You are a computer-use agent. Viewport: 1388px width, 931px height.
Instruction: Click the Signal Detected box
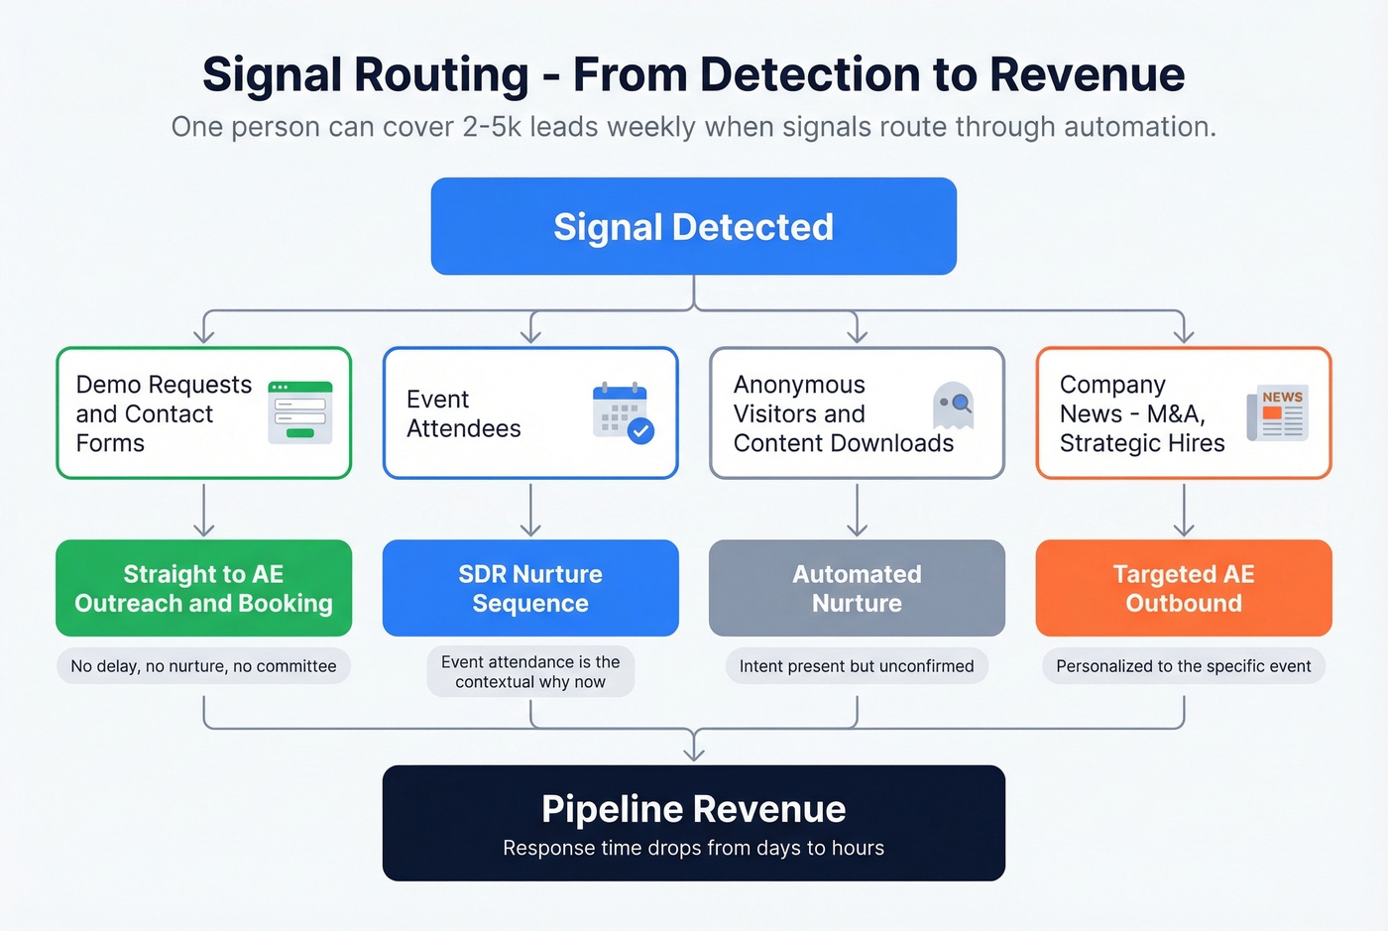click(693, 226)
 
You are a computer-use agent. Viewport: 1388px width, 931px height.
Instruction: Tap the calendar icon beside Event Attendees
click(622, 412)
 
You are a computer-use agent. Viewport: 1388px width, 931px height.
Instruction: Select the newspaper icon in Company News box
click(1278, 412)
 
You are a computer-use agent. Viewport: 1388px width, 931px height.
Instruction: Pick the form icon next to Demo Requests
click(300, 412)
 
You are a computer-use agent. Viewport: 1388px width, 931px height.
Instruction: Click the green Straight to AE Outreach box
click(203, 588)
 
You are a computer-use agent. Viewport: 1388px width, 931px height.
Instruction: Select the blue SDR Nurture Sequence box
click(530, 588)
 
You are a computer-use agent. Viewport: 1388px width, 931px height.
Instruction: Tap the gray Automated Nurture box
click(857, 588)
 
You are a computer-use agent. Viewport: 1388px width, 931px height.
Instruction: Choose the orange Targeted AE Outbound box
click(1183, 588)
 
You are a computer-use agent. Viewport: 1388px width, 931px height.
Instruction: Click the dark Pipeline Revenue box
click(693, 822)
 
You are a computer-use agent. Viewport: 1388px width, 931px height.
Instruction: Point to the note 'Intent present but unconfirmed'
click(857, 666)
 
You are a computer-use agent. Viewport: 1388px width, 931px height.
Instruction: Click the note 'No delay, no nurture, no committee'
click(203, 666)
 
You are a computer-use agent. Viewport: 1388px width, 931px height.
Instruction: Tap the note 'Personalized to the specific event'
click(1183, 666)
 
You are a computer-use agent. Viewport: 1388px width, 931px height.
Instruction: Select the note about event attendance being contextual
click(530, 672)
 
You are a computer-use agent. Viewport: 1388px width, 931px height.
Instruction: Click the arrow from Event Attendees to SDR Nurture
click(530, 510)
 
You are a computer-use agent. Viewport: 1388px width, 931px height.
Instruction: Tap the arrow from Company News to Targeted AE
click(1183, 510)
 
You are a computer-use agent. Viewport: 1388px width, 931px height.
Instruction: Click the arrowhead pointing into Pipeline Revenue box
click(694, 755)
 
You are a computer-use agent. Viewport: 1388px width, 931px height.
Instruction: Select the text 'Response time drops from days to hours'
click(693, 848)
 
